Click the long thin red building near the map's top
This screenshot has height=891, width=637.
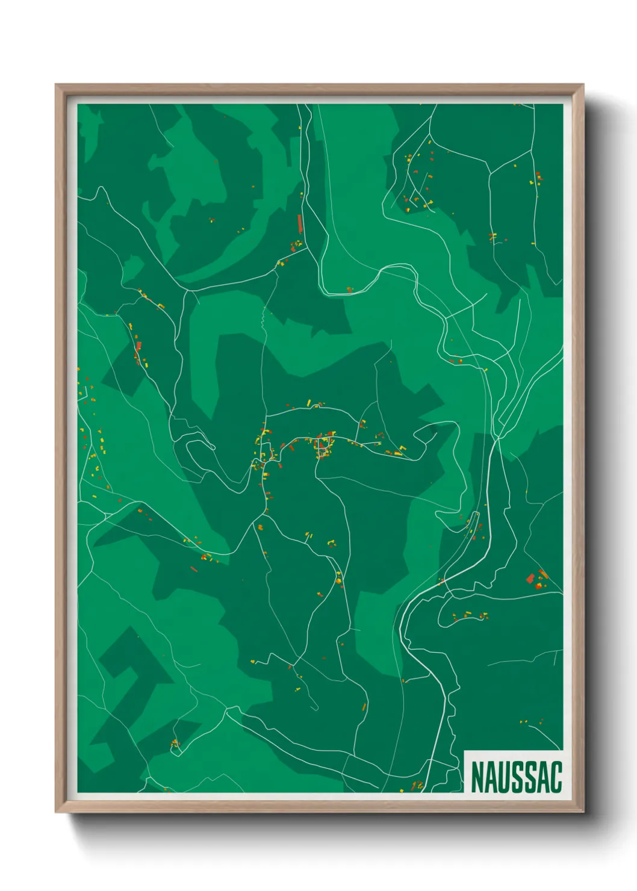[299, 223]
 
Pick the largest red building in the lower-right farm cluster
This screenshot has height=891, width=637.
[530, 579]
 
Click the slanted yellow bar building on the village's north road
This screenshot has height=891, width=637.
[309, 402]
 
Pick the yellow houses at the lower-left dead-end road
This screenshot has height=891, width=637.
[175, 744]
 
